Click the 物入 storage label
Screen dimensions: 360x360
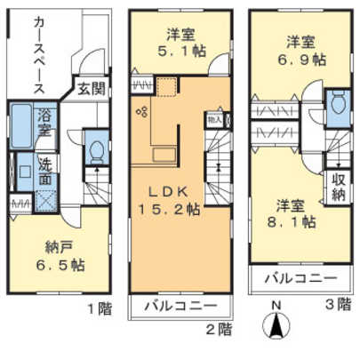[214, 117]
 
